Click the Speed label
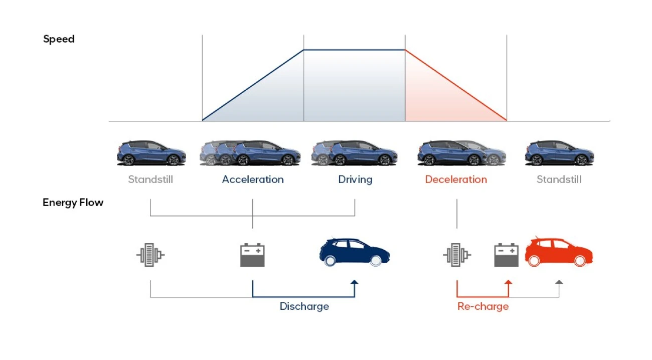click(59, 39)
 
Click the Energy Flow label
click(73, 203)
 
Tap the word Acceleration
click(253, 179)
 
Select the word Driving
click(355, 179)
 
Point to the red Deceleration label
click(456, 179)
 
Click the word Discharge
click(304, 306)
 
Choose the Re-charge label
click(483, 306)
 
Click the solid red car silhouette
click(559, 252)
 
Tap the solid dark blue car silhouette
click(355, 252)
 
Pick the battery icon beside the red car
click(506, 255)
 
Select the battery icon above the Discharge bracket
click(252, 255)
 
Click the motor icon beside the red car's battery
click(457, 255)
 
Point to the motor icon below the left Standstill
click(150, 255)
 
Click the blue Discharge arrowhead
click(354, 282)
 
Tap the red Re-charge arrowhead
click(508, 282)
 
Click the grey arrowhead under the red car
click(559, 282)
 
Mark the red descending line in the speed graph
click(456, 85)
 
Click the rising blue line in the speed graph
click(253, 85)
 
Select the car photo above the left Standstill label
click(151, 153)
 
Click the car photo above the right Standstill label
click(559, 153)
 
